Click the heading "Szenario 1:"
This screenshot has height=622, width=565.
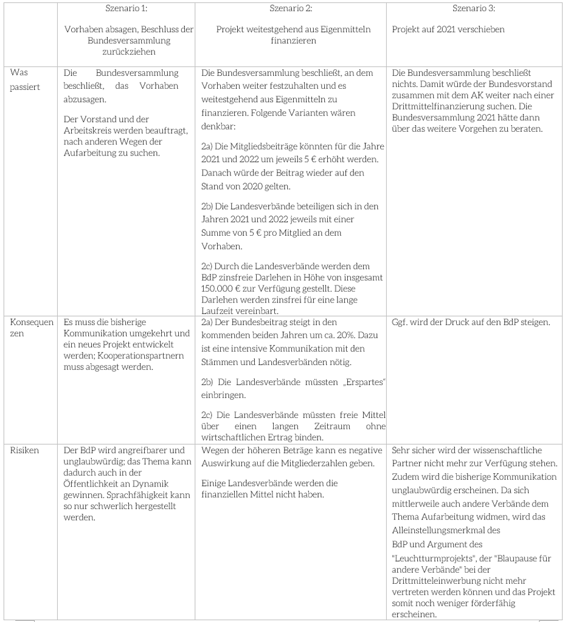click(127, 8)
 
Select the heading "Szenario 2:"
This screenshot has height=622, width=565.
click(291, 8)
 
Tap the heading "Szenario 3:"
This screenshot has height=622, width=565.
click(474, 8)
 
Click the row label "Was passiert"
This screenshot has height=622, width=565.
click(25, 80)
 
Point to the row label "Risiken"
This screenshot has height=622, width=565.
click(24, 450)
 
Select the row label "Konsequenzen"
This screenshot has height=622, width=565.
click(32, 328)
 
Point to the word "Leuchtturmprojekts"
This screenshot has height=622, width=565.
click(432, 558)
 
